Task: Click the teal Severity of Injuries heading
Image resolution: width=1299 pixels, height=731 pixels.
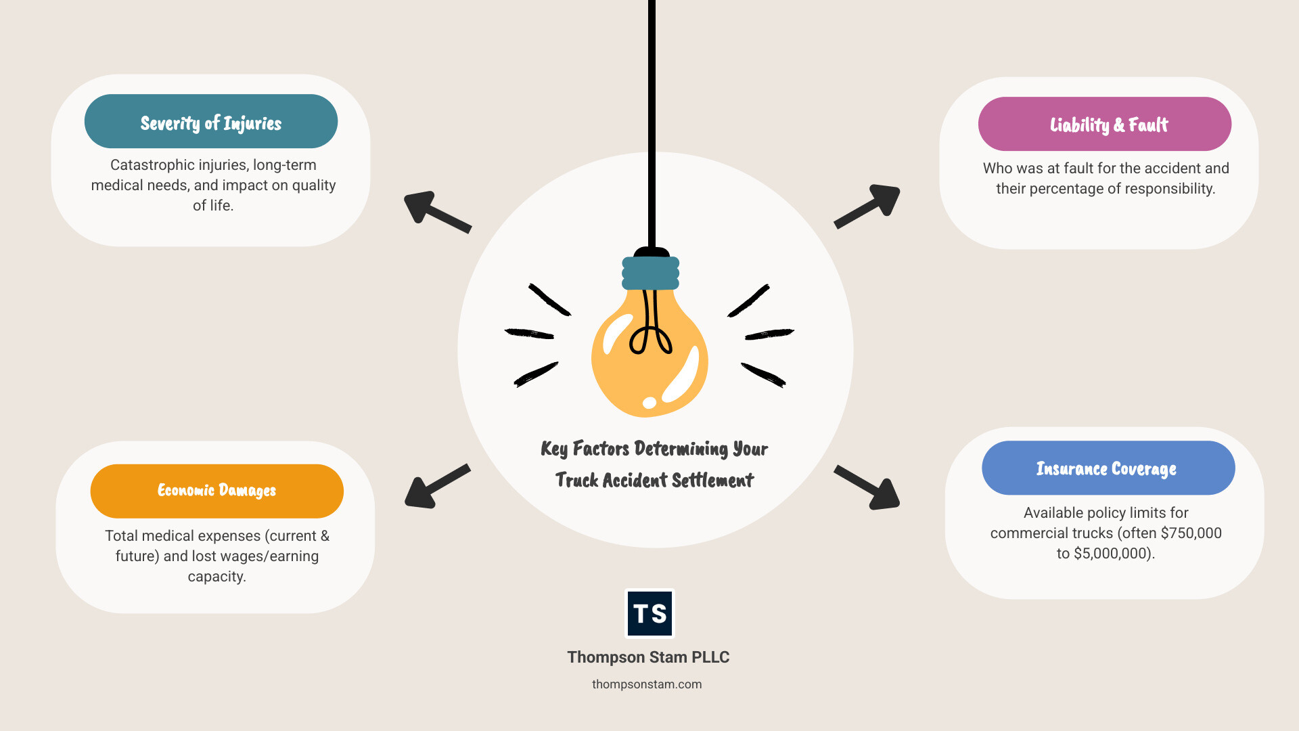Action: click(x=210, y=123)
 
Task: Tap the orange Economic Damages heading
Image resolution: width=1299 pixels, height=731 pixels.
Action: click(x=216, y=490)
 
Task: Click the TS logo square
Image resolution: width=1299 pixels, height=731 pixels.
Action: click(x=649, y=613)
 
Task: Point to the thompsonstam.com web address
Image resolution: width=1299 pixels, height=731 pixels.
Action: click(x=647, y=684)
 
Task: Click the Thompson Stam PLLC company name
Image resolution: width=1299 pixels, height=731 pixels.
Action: click(x=648, y=657)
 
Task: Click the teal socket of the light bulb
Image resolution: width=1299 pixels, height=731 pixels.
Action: click(x=650, y=273)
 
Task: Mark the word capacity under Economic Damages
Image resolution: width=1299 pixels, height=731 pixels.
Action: click(x=216, y=577)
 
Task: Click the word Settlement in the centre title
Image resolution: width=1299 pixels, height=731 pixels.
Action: click(x=712, y=481)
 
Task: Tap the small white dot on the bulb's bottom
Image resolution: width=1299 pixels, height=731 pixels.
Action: click(x=649, y=403)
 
